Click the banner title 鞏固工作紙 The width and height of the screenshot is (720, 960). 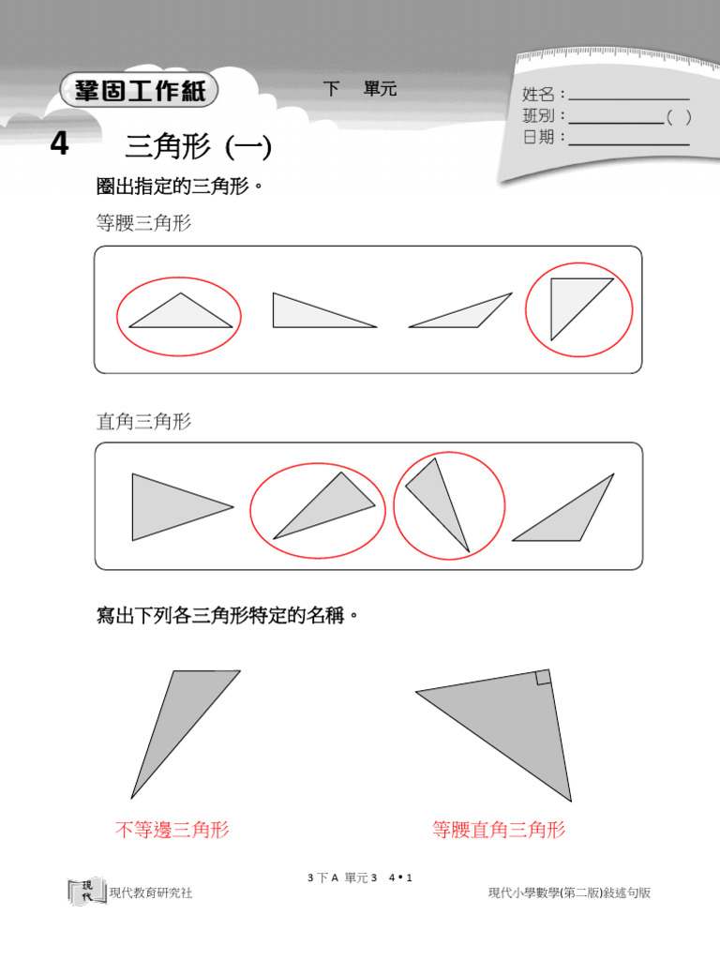[139, 92]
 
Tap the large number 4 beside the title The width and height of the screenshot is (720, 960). [60, 145]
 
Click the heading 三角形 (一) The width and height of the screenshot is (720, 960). [198, 147]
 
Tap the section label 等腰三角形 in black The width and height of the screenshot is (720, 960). [143, 223]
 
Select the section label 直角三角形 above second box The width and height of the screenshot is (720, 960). [143, 422]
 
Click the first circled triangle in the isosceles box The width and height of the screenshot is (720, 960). [179, 314]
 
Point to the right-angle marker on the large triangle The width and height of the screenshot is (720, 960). [543, 678]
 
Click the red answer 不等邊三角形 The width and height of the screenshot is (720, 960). [172, 830]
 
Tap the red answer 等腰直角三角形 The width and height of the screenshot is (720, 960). [499, 830]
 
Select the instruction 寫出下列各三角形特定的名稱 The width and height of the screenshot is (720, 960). [228, 616]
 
